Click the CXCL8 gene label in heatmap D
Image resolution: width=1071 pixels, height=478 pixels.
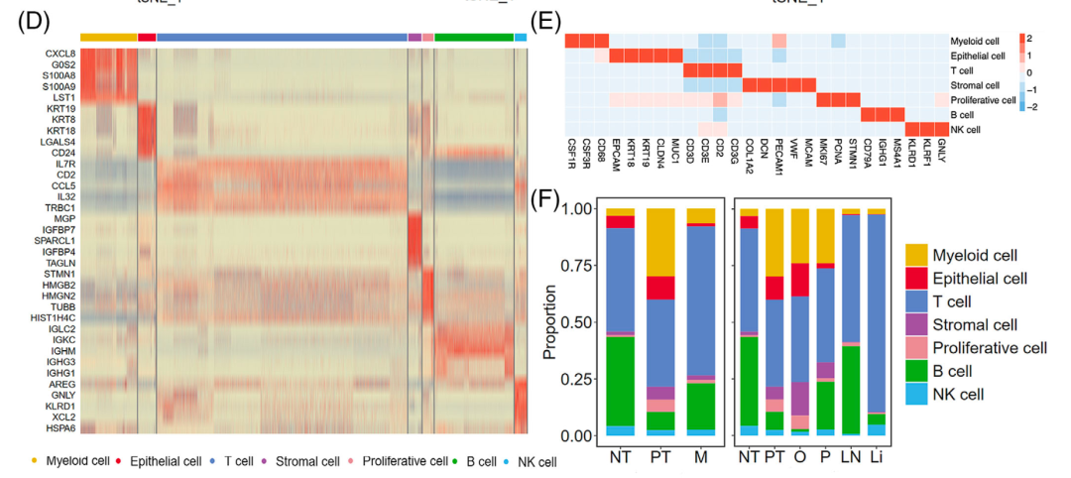pyautogui.click(x=58, y=53)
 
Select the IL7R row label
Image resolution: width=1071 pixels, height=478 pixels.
pyautogui.click(x=60, y=163)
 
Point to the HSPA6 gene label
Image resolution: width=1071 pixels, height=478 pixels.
pyautogui.click(x=58, y=427)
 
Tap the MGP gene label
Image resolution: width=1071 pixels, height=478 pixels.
pyautogui.click(x=62, y=218)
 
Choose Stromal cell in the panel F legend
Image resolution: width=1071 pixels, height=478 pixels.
pyautogui.click(x=977, y=324)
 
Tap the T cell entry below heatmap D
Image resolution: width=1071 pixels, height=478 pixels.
pyautogui.click(x=241, y=462)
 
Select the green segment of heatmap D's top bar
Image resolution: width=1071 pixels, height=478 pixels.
pyautogui.click(x=473, y=37)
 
